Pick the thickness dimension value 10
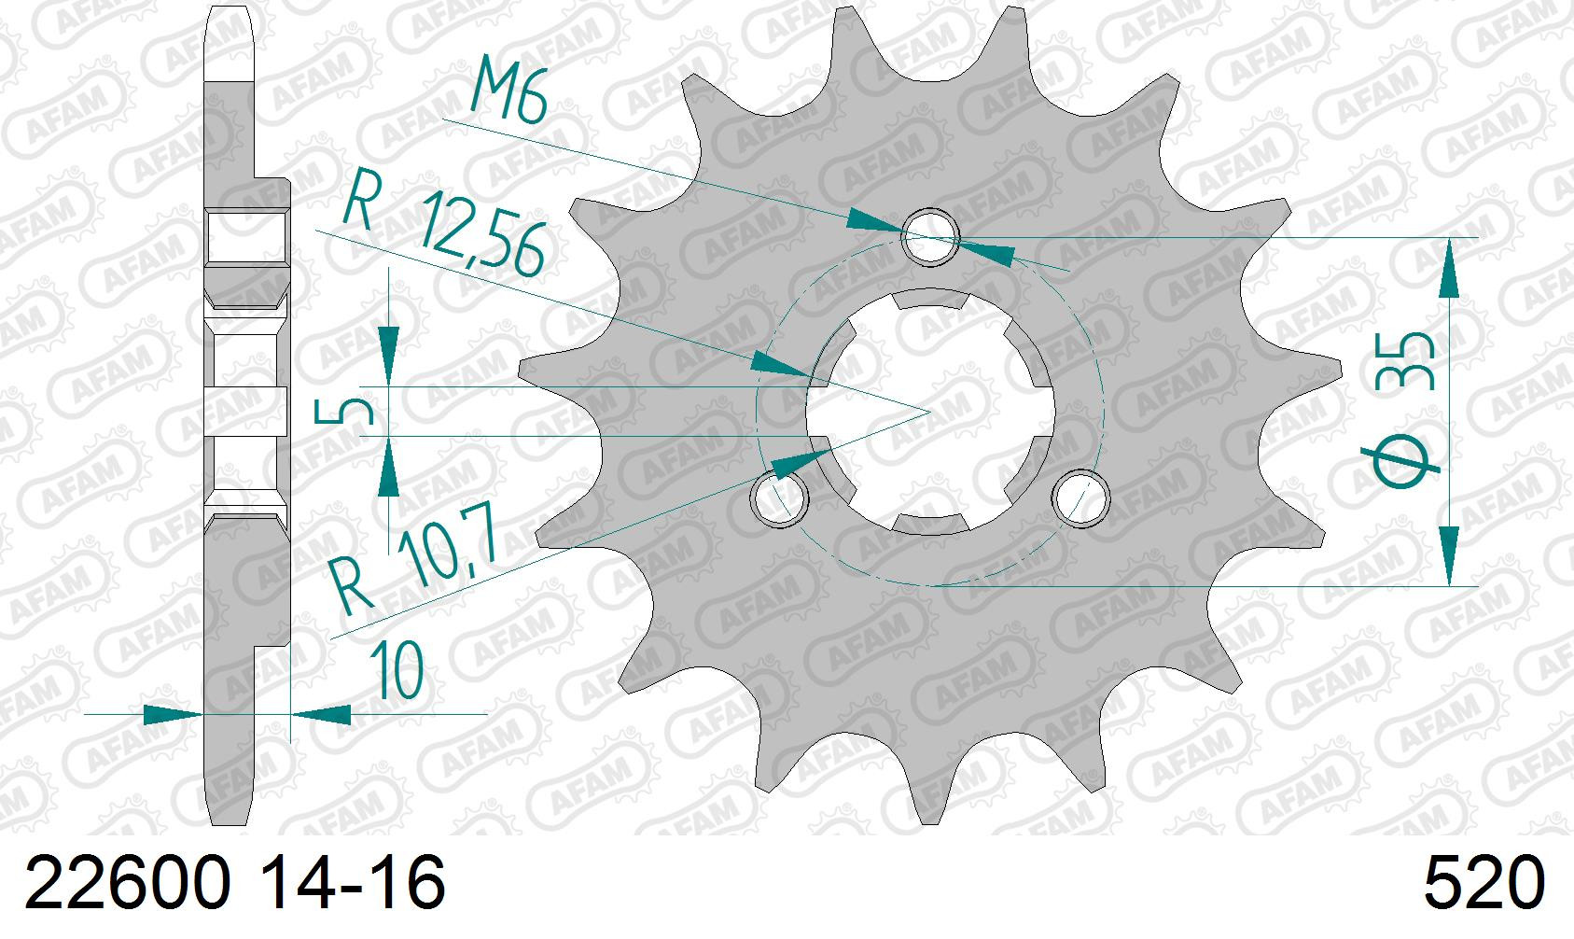(x=397, y=669)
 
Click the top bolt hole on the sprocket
(x=931, y=236)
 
